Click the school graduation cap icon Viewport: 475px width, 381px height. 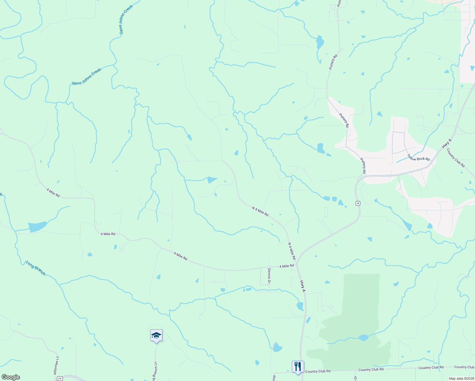[156, 335]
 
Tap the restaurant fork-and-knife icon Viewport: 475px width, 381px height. [298, 367]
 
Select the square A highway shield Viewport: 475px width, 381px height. [358, 203]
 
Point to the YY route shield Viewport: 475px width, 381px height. [60, 378]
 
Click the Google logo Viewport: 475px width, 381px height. [11, 377]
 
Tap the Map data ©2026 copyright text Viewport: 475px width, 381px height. [461, 378]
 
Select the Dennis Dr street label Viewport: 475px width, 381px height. [269, 276]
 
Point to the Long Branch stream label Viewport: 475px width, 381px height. [36, 268]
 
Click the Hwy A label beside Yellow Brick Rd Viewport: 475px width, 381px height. [446, 144]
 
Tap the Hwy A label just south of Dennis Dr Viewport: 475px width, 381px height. [303, 286]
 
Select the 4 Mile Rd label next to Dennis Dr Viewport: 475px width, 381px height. [286, 266]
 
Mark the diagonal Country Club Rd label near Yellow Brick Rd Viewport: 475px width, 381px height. [456, 158]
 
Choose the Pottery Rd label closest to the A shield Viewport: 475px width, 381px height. [363, 166]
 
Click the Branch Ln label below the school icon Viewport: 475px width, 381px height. [155, 371]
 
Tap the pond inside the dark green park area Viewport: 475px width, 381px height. [363, 338]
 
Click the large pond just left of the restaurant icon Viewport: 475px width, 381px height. [277, 348]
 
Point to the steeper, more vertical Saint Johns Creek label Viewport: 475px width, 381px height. [126, 20]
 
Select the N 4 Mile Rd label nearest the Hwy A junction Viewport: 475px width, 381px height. [292, 251]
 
